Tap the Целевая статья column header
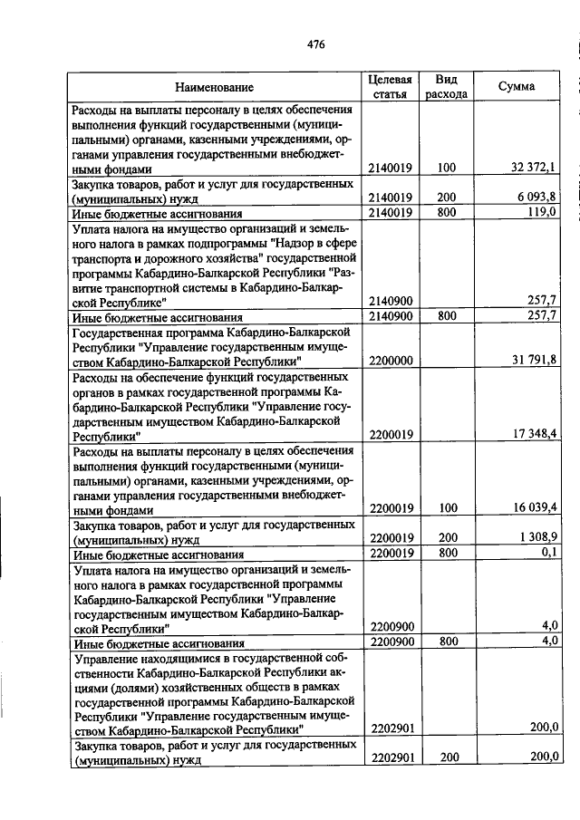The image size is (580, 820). pyautogui.click(x=391, y=86)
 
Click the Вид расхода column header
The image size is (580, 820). pyautogui.click(x=446, y=86)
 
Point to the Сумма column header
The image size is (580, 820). pyautogui.click(x=517, y=86)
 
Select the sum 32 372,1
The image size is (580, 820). pyautogui.click(x=534, y=168)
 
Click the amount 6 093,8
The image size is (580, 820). pyautogui.click(x=537, y=197)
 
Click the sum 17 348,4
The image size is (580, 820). pyautogui.click(x=534, y=434)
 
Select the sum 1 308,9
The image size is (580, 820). pyautogui.click(x=537, y=537)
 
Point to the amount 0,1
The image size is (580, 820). pyautogui.click(x=548, y=553)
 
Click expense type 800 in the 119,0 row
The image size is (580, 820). pyautogui.click(x=446, y=212)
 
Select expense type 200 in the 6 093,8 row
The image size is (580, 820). pyautogui.click(x=446, y=197)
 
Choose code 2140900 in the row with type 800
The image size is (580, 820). pyautogui.click(x=391, y=316)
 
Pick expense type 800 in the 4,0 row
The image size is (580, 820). pyautogui.click(x=446, y=642)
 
